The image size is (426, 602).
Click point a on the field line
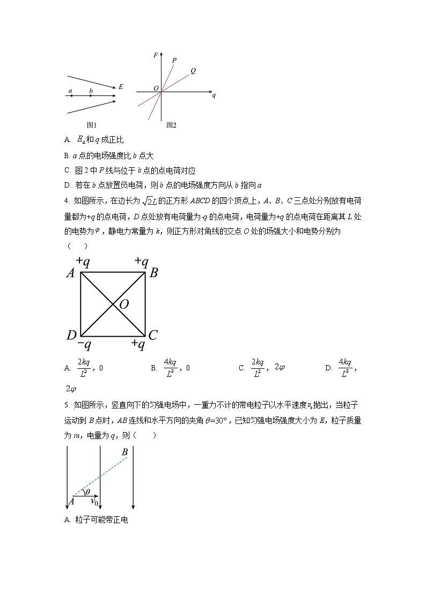(x=71, y=95)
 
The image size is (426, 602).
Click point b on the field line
(x=91, y=95)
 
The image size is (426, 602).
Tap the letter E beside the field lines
(x=121, y=86)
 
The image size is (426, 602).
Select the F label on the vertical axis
(x=156, y=55)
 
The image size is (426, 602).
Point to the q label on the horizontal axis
(x=214, y=95)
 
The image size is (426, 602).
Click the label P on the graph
(x=174, y=61)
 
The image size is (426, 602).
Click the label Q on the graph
(x=193, y=71)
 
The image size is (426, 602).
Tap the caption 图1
(x=92, y=125)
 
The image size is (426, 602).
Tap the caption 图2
(x=172, y=125)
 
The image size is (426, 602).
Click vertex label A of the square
(x=70, y=273)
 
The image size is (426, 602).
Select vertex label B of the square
(x=153, y=273)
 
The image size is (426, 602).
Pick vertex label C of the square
(x=153, y=336)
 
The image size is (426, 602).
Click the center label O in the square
(x=124, y=304)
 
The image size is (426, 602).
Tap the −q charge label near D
(x=84, y=345)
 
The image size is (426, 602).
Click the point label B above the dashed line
(x=124, y=452)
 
